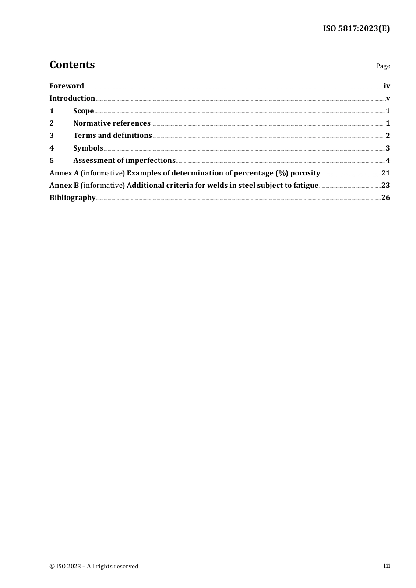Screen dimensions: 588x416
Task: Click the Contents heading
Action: pos(72,65)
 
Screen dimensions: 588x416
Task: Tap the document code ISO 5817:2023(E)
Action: pos(356,28)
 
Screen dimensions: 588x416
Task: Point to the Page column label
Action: pos(383,66)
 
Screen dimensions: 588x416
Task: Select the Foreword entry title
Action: pos(67,86)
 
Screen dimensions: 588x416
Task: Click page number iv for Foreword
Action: pos(387,86)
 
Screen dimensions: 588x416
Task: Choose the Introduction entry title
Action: pos(72,98)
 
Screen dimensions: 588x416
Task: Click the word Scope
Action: pos(83,111)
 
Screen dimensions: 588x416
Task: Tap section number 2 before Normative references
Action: pos(52,123)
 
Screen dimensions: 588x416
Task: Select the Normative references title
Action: pos(112,123)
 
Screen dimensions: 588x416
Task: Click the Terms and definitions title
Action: pos(113,135)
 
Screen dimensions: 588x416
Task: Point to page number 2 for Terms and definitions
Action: pos(388,136)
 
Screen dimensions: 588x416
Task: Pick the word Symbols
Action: pos(88,148)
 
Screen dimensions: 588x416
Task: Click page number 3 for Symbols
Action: pos(388,148)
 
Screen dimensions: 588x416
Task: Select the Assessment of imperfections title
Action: pos(124,160)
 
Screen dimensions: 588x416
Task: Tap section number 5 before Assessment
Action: pos(52,160)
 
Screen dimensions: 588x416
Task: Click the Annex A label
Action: pos(64,173)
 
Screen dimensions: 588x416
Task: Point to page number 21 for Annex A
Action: pos(385,173)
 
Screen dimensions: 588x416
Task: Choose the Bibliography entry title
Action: pos(72,197)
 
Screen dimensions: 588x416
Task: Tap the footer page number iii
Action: pos(387,566)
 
